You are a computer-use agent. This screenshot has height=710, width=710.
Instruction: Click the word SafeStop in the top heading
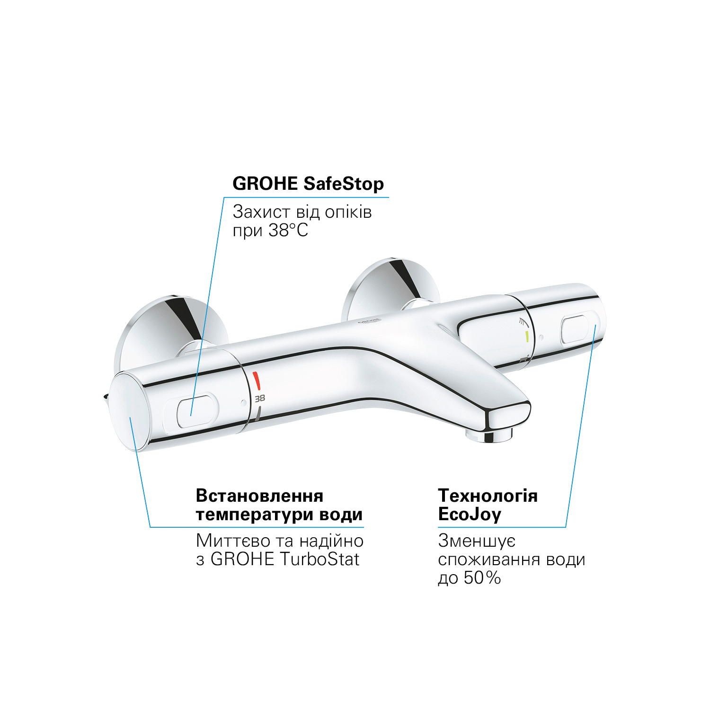pyautogui.click(x=344, y=184)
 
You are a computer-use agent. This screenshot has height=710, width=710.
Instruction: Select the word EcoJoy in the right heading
pyautogui.click(x=470, y=515)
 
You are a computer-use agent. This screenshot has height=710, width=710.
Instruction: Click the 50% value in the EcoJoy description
pyautogui.click(x=482, y=578)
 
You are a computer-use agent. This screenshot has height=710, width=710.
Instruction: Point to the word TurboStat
pyautogui.click(x=319, y=559)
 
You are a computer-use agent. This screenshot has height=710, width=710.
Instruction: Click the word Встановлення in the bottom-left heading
pyautogui.click(x=259, y=496)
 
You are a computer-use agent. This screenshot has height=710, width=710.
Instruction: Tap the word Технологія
pyautogui.click(x=488, y=496)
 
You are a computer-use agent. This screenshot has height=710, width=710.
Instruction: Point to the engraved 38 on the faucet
pyautogui.click(x=260, y=399)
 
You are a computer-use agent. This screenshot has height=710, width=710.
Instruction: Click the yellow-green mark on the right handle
pyautogui.click(x=527, y=337)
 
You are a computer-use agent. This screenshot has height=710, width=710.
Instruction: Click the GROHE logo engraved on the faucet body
pyautogui.click(x=369, y=321)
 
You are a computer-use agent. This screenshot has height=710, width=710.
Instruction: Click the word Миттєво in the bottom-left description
pyautogui.click(x=228, y=541)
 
